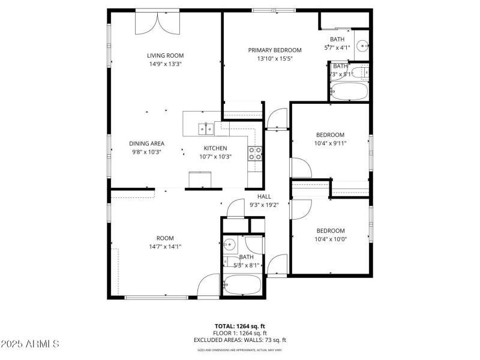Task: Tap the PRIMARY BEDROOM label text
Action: tap(275, 50)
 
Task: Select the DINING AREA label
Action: tap(147, 143)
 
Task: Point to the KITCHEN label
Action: tap(215, 148)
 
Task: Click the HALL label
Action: tap(264, 196)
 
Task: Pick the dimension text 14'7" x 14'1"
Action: tap(165, 246)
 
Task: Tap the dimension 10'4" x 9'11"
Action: tap(331, 143)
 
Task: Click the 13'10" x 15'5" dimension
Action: tap(275, 59)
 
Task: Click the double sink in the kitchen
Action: tap(206, 128)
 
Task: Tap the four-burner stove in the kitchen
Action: tap(255, 154)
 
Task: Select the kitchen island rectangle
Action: tap(200, 180)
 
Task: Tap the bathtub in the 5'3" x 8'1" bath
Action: tap(242, 285)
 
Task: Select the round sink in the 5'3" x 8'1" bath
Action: tap(229, 245)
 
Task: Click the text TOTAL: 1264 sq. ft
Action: tap(240, 326)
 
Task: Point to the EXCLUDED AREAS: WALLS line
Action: tap(240, 340)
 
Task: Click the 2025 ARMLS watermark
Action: tap(30, 344)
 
